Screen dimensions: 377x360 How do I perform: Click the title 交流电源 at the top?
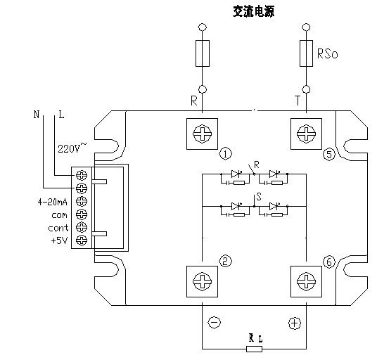[x=253, y=11]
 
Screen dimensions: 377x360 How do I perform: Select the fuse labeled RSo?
[x=306, y=53]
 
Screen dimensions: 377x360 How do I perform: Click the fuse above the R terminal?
[x=203, y=53]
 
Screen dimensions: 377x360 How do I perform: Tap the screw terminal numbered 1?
[x=202, y=134]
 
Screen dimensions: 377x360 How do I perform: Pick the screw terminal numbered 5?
[x=306, y=134]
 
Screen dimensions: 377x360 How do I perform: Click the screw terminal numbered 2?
[x=202, y=281]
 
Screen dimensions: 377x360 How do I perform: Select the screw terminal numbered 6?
[x=306, y=281]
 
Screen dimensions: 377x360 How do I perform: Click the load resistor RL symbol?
[x=254, y=349]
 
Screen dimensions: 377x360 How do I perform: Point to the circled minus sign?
[x=214, y=323]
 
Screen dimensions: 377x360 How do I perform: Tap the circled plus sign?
[x=295, y=323]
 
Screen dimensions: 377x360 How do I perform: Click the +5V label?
[x=59, y=240]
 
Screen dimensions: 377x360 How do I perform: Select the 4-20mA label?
[x=53, y=202]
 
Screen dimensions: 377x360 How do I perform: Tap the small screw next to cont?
[x=82, y=227]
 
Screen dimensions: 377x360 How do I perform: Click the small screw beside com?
[x=82, y=214]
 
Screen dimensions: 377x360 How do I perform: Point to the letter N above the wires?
[x=37, y=115]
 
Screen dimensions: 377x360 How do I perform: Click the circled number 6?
[x=329, y=262]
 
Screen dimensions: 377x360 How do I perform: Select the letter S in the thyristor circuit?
[x=259, y=197]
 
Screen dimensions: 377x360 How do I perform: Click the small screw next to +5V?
[x=82, y=240]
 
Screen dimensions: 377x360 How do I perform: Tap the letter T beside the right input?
[x=298, y=101]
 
